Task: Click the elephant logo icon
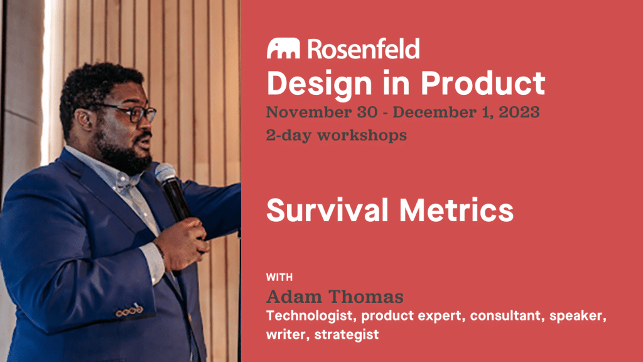(283, 48)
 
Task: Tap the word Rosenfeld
(364, 48)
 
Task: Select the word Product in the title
(483, 83)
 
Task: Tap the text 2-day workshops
(337, 135)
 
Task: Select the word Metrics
(456, 210)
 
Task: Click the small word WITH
(279, 277)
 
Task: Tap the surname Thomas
(365, 297)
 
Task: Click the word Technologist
(311, 315)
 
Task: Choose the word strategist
(347, 334)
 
